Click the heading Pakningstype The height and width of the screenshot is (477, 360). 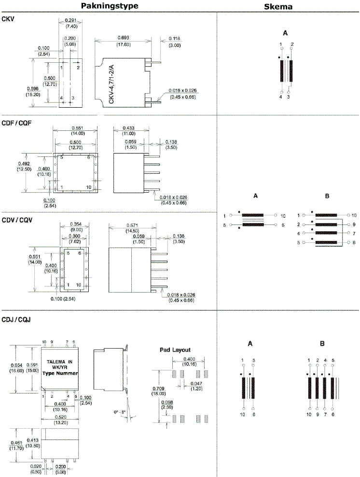[x=110, y=6]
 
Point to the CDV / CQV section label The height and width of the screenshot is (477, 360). [x=16, y=220]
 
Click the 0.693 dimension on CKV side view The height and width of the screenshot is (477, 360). [x=126, y=38]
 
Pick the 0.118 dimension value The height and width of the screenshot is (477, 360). [x=174, y=38]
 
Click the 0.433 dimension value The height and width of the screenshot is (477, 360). [x=129, y=128]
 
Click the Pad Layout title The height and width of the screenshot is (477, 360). [x=175, y=350]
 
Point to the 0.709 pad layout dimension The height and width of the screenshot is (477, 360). [x=159, y=388]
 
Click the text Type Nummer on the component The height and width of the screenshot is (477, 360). [x=60, y=373]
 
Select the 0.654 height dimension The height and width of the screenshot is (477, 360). [x=17, y=365]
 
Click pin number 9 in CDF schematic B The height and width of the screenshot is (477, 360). [x=354, y=224]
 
